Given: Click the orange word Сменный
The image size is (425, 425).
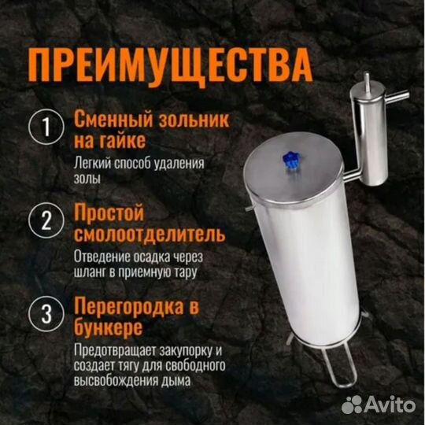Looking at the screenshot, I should (109, 120).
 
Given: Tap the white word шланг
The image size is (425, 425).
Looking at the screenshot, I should (92, 272).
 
